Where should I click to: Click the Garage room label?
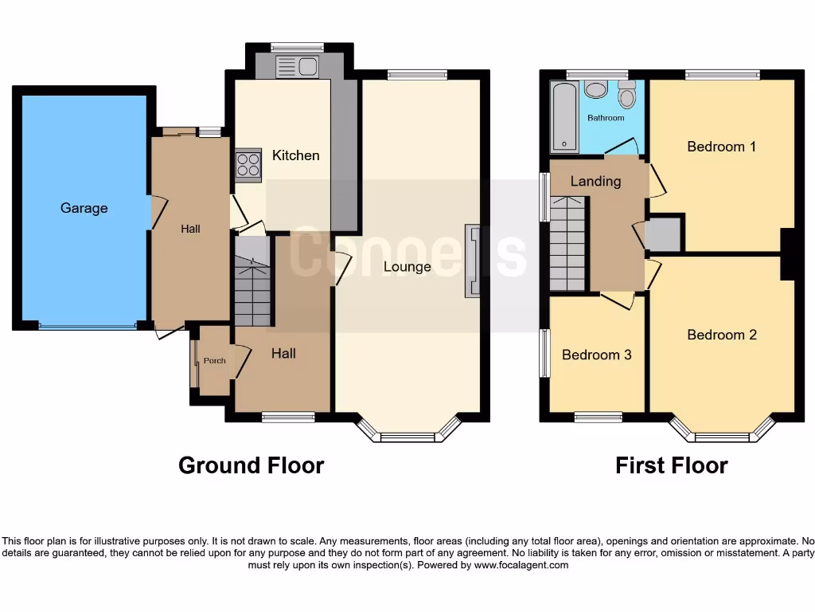(84, 208)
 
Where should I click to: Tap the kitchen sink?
(296, 67)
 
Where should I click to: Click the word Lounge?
(407, 267)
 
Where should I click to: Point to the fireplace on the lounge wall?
(473, 261)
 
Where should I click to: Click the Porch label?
(214, 361)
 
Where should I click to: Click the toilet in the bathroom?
(627, 96)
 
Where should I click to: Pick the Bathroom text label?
(606, 118)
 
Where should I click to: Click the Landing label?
(595, 182)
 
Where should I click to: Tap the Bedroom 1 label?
(721, 147)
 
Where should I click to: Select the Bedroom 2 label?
(721, 335)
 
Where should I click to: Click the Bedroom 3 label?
(596, 355)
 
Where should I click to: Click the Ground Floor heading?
(251, 465)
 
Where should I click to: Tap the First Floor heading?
(671, 465)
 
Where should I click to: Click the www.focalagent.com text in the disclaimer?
(521, 565)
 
